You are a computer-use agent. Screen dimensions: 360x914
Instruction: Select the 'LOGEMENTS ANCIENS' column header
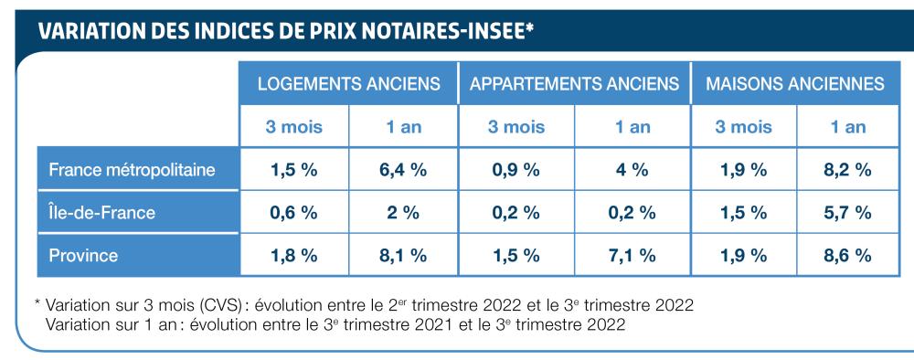(x=348, y=84)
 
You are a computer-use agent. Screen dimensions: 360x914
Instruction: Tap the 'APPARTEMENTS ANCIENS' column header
(x=574, y=84)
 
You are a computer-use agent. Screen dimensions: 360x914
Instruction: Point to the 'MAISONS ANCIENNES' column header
(x=794, y=84)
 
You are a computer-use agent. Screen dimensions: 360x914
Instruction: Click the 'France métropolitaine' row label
(x=133, y=169)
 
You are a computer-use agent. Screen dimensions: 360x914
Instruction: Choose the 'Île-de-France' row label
(x=102, y=213)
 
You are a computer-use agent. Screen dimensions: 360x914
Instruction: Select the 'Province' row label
(x=83, y=256)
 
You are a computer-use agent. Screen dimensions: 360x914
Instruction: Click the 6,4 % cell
(x=403, y=170)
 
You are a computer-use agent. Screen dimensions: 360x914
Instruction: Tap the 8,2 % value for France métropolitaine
(x=847, y=170)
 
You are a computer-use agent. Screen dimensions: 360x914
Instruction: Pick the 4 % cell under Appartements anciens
(x=632, y=170)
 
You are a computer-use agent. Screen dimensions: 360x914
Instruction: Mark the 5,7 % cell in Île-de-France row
(x=847, y=213)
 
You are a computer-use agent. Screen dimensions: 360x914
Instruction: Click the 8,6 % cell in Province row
(x=847, y=257)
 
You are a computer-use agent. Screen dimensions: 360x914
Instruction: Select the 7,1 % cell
(x=632, y=257)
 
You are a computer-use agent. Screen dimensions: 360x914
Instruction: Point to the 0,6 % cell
(x=293, y=213)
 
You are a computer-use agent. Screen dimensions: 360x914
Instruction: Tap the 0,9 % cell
(x=515, y=170)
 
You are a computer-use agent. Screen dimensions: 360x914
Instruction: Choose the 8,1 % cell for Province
(x=403, y=257)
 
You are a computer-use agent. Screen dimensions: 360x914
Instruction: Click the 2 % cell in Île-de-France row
(x=403, y=213)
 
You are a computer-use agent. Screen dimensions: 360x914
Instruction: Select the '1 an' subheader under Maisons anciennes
(x=847, y=127)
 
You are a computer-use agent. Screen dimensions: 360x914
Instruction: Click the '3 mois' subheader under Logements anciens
(x=293, y=127)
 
